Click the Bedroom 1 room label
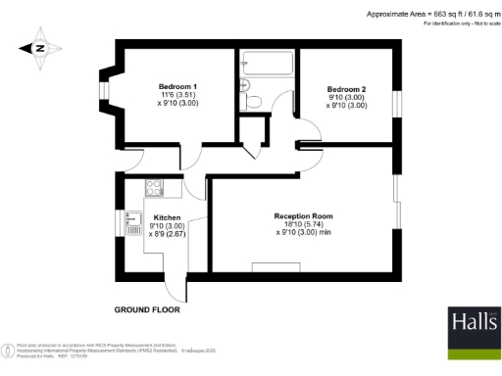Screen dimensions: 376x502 point(177,87)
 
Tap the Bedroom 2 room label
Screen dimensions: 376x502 point(347,88)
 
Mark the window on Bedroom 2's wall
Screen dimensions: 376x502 point(397,104)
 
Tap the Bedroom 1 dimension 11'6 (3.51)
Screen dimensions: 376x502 point(177,96)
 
